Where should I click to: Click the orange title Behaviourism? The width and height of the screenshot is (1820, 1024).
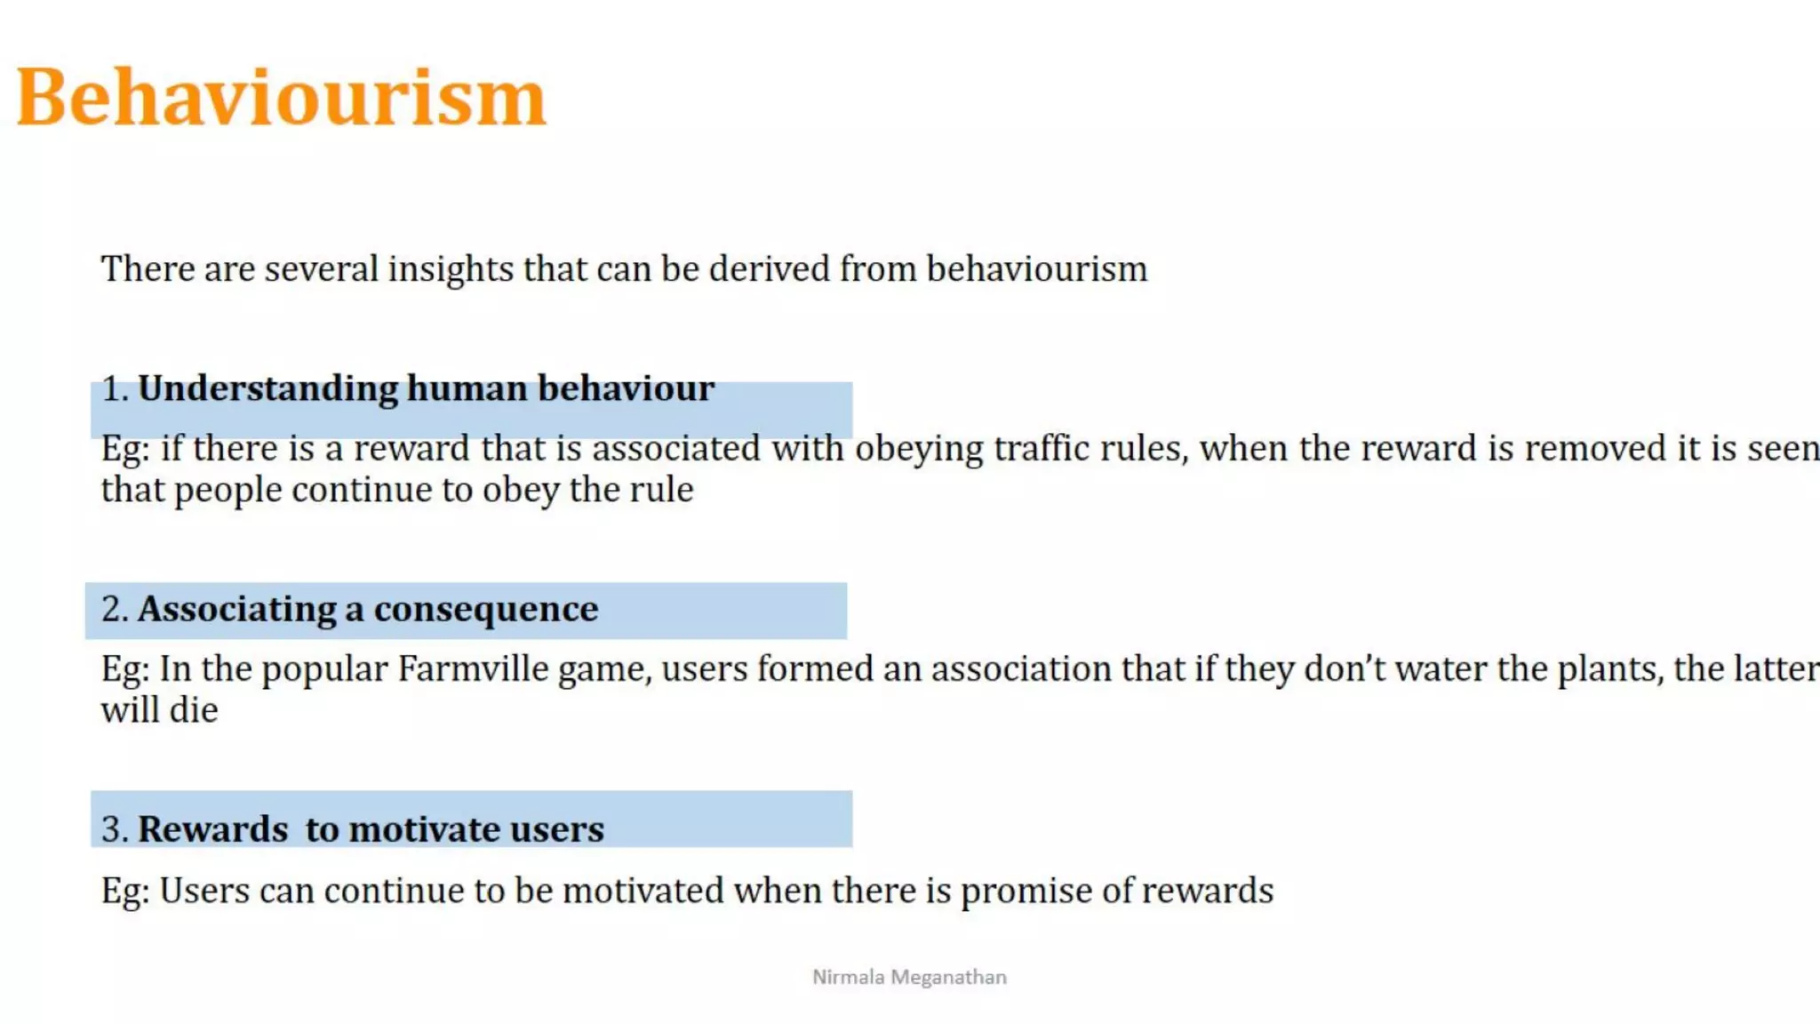point(281,98)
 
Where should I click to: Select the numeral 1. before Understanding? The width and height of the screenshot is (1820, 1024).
point(116,389)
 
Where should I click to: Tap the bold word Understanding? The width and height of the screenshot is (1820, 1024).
point(268,389)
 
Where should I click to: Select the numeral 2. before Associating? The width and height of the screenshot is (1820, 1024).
point(116,610)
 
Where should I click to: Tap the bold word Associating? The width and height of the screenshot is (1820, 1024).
point(237,610)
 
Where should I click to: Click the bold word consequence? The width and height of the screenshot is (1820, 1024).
point(486,610)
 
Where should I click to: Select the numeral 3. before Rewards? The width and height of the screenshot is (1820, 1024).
point(116,830)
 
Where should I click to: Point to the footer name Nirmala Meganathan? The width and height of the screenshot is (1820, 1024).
point(909,978)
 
